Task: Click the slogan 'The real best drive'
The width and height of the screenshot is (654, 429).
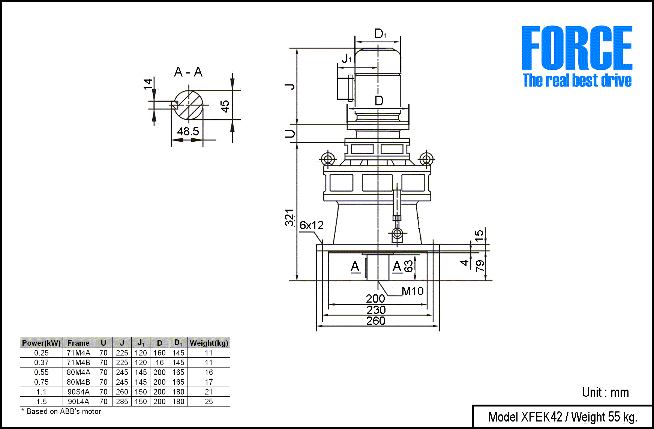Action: [x=577, y=81]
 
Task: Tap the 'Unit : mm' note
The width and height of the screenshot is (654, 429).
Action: [x=605, y=392]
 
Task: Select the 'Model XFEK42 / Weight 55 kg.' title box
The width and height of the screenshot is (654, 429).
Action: [x=562, y=417]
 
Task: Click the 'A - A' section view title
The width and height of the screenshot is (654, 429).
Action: [x=188, y=72]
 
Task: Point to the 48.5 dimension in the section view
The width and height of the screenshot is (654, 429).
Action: [x=188, y=131]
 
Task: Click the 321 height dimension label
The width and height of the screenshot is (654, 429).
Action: [x=289, y=217]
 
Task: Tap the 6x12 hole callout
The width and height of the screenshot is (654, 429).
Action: [x=311, y=225]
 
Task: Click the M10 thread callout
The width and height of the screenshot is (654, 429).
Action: [x=412, y=291]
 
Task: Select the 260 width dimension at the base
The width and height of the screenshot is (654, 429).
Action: [x=376, y=321]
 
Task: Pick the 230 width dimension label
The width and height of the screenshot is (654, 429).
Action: [x=376, y=310]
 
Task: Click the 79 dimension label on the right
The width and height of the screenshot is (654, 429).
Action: [x=480, y=265]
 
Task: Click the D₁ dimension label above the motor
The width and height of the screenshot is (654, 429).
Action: [x=380, y=34]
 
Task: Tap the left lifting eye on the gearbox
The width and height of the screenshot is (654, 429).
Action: [x=328, y=159]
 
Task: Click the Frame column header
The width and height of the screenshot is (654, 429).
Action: [x=78, y=343]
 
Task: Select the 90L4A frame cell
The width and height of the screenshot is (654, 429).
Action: [x=78, y=402]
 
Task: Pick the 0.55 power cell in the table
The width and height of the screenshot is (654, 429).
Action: [x=41, y=372]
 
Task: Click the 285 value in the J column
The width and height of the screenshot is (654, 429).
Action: [x=122, y=402]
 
